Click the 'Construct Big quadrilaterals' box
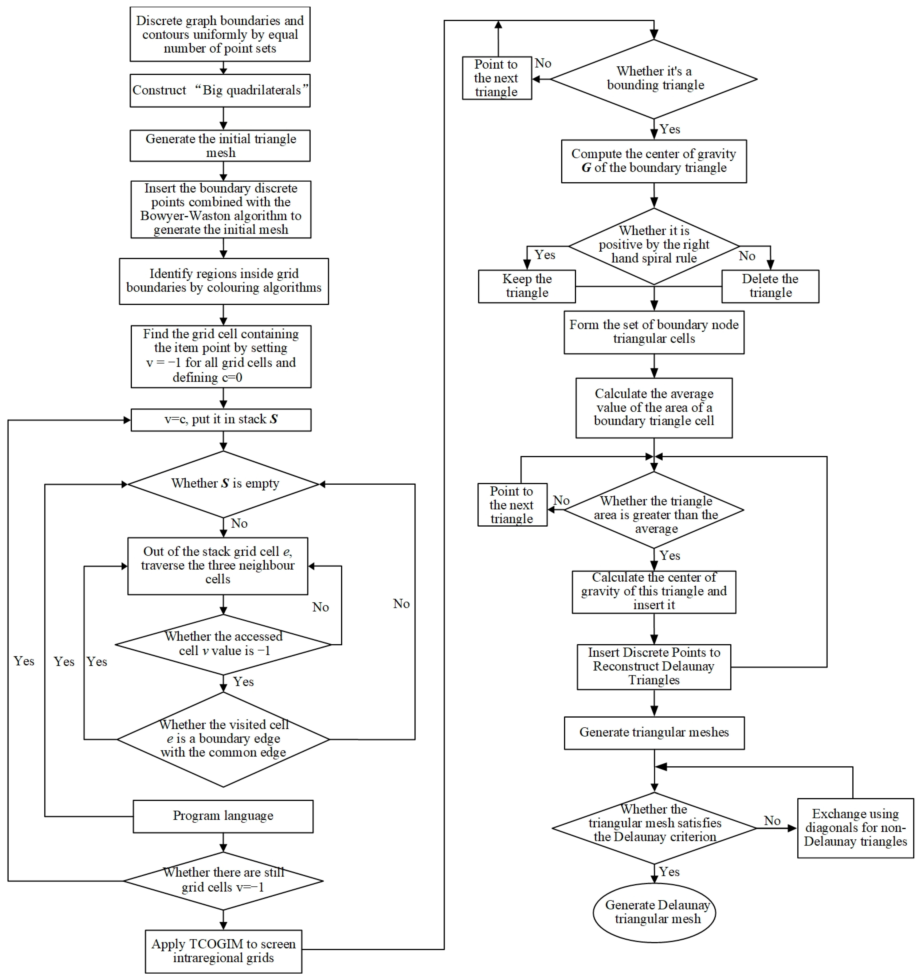pos(220,91)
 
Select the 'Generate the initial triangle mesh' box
pos(220,146)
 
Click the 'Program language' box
pos(223,816)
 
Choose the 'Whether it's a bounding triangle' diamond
pos(654,79)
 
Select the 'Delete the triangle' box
pos(770,286)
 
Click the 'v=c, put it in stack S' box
pos(221,420)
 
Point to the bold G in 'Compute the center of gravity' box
pos(586,168)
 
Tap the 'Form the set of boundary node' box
pos(654,332)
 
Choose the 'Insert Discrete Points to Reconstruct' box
pos(654,667)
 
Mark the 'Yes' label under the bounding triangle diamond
pos(670,129)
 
